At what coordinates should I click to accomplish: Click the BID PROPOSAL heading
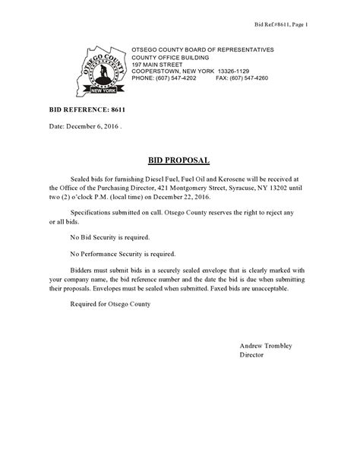coord(179,160)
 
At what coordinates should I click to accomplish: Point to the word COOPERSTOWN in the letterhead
coord(156,71)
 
